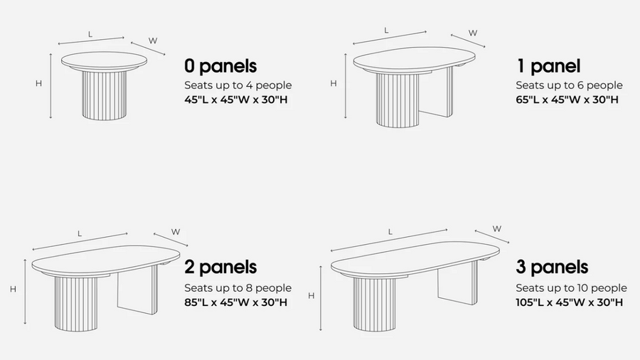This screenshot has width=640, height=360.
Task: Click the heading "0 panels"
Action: click(220, 66)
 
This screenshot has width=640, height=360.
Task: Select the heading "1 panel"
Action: click(548, 66)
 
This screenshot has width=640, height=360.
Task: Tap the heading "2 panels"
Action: click(220, 267)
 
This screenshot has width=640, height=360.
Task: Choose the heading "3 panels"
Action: click(552, 267)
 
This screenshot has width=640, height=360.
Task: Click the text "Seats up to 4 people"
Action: click(238, 85)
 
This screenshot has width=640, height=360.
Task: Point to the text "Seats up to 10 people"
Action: click(572, 288)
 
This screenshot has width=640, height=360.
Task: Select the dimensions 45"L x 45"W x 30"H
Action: click(236, 100)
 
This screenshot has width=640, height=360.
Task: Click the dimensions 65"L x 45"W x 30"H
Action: click(567, 100)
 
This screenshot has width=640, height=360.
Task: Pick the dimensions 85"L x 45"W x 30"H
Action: click(236, 302)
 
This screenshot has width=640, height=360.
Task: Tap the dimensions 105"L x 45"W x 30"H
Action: click(570, 302)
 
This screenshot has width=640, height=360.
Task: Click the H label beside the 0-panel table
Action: click(38, 84)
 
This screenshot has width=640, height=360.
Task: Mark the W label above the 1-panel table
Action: click(473, 33)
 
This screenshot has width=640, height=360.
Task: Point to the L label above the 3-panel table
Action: click(390, 232)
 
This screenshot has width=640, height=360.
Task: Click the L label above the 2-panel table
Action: click(80, 234)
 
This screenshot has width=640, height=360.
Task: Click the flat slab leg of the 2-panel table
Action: click(137, 290)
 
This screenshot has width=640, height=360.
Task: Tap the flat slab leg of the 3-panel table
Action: click(458, 283)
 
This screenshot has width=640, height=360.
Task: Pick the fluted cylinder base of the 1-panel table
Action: click(397, 99)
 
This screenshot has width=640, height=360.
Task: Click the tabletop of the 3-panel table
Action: click(415, 260)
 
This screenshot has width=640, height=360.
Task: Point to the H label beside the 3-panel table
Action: click(311, 296)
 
